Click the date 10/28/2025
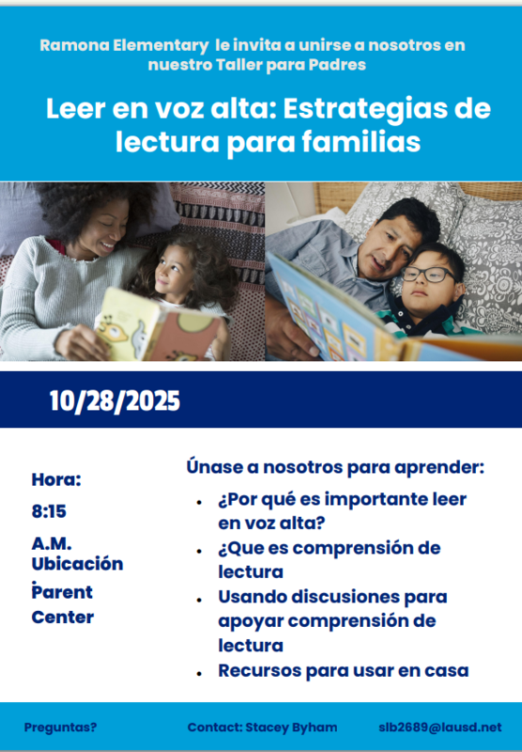(x=115, y=402)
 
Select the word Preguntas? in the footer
(x=60, y=728)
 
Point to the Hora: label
(x=56, y=479)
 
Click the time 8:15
(x=49, y=512)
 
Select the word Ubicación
(x=77, y=564)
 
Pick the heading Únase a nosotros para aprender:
(x=335, y=466)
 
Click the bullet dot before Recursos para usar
(x=199, y=673)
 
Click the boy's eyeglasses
(x=427, y=274)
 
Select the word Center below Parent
(x=62, y=618)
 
